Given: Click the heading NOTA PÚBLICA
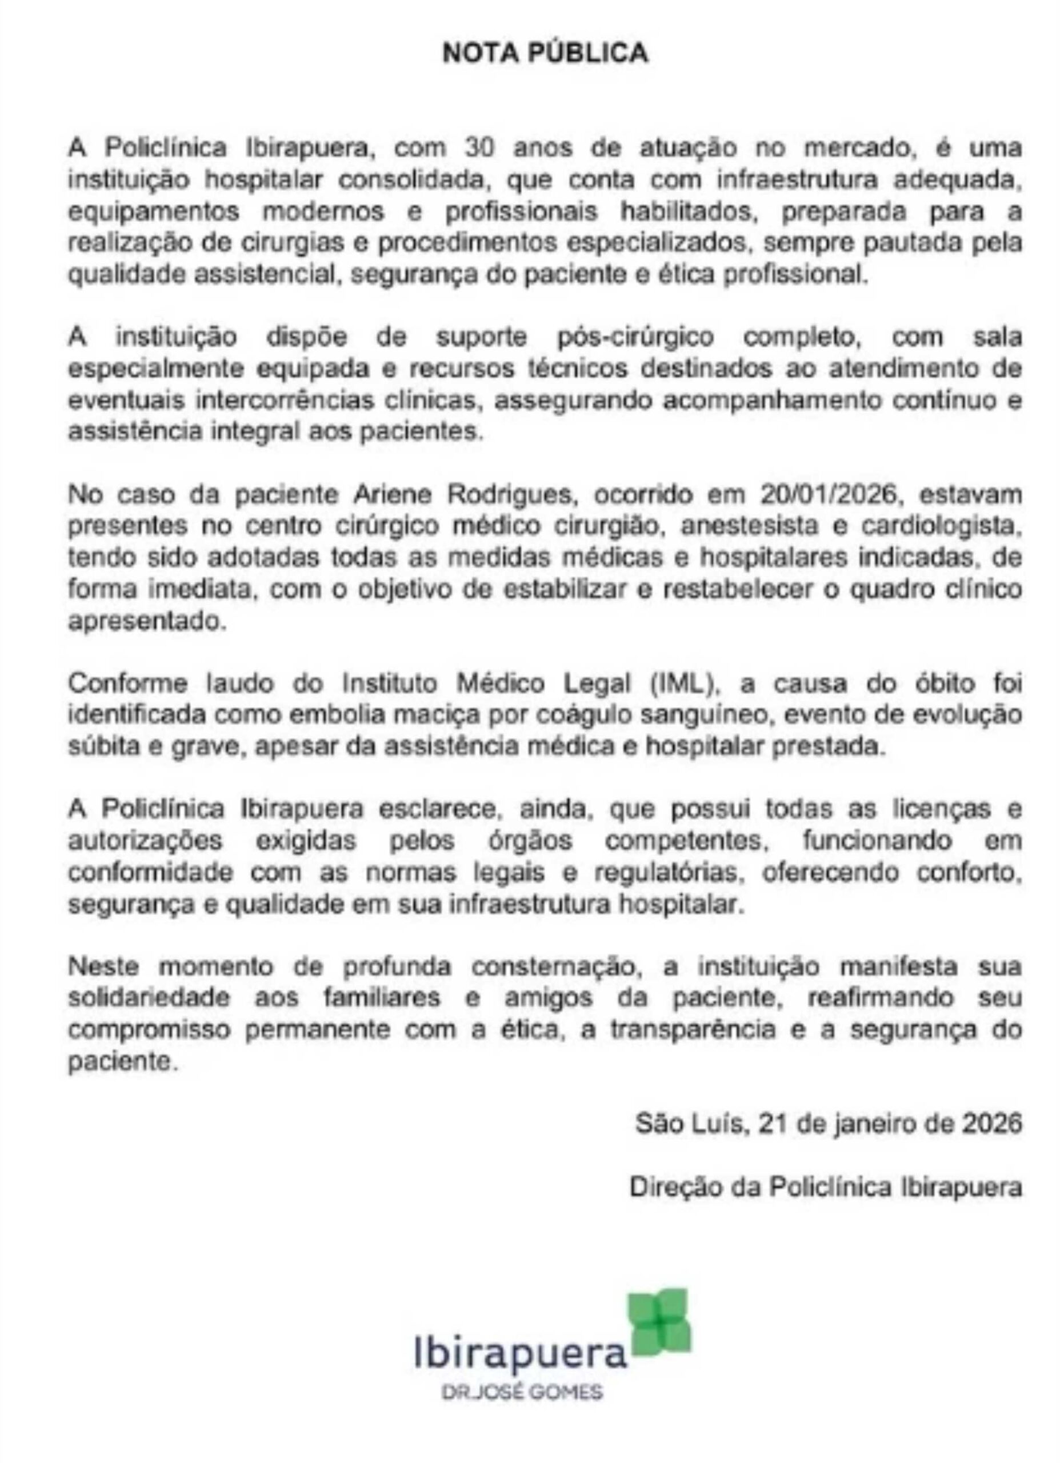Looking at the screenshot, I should coord(545,54).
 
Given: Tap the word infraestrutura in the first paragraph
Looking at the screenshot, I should coord(797,179).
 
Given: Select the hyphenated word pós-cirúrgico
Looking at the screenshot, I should coord(635,337).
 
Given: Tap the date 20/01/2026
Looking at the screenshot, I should coord(829,495).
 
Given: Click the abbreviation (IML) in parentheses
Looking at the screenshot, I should coord(685,683).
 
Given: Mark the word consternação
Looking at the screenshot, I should coord(554,966).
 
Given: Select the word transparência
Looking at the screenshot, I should coord(694,1029).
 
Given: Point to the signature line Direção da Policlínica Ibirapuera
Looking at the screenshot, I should coord(826,1187).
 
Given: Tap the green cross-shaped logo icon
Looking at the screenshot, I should coord(659,1322).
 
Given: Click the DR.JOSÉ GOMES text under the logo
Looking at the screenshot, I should coord(521,1393).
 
